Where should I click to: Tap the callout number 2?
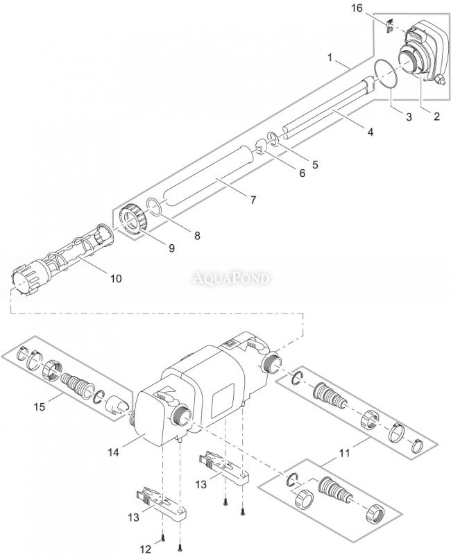click(x=436, y=117)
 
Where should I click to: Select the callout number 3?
click(x=409, y=117)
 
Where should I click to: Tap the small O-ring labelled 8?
click(x=155, y=208)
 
